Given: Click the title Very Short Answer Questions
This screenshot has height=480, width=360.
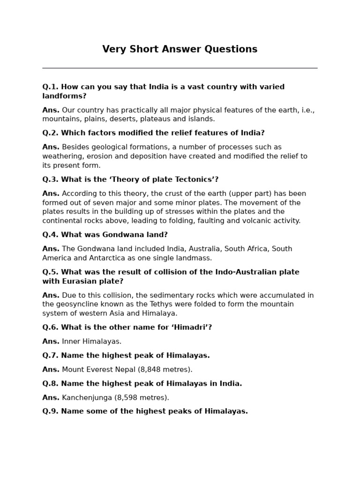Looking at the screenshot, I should [x=180, y=49].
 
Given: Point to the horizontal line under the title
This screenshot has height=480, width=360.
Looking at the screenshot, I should [x=180, y=68].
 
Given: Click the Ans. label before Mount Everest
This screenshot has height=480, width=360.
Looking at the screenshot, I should [x=51, y=369].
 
